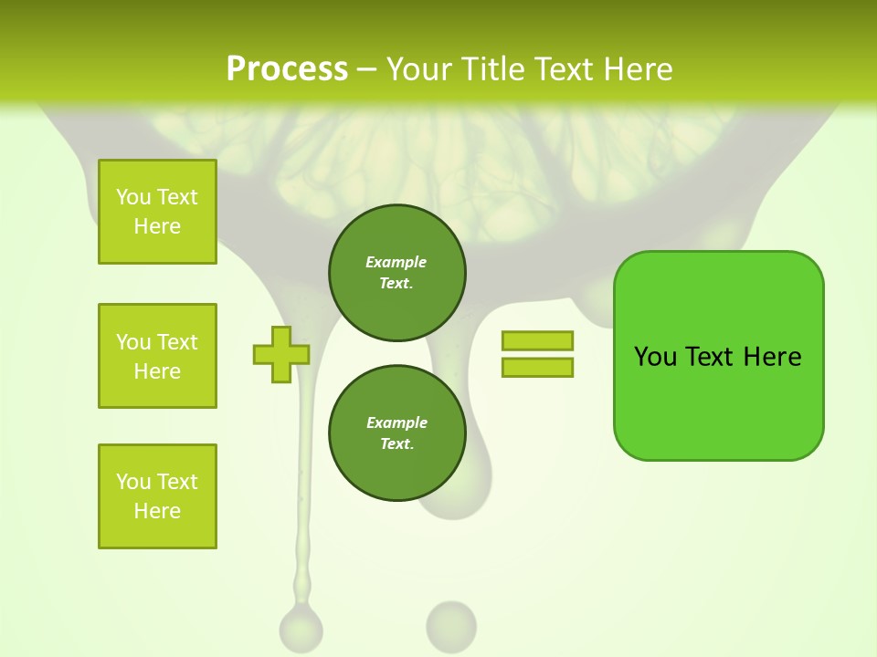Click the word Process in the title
[287, 69]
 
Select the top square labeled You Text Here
[157, 212]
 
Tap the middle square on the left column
[157, 356]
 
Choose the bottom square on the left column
[157, 496]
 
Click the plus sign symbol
[281, 354]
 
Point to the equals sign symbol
[537, 354]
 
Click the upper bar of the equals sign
[537, 341]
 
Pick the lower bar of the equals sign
[537, 368]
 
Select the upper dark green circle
[396, 273]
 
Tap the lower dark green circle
[396, 433]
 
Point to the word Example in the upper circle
[396, 263]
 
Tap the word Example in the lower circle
[396, 423]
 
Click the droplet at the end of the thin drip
[301, 628]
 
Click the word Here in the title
[637, 69]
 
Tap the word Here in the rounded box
[772, 357]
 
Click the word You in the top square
[133, 197]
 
